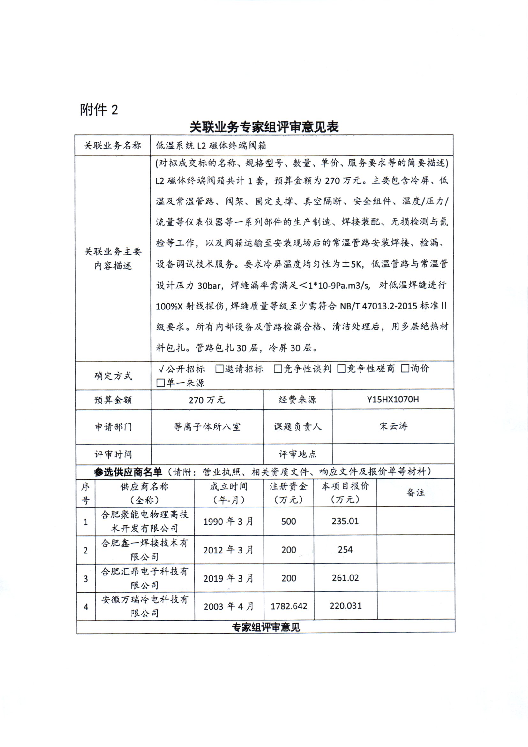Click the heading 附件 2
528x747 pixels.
99,110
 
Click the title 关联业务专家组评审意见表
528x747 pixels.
264,126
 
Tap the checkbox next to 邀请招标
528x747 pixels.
219,369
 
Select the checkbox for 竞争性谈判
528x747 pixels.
278,369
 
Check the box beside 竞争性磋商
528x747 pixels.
341,369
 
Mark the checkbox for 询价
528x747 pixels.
405,369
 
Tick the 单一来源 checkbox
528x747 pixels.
160,383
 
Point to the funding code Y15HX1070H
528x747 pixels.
393,400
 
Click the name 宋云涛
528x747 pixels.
393,426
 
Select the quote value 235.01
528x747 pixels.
345,521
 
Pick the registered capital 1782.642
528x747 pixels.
289,606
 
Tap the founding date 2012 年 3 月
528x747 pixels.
228,550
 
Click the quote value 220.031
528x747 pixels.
345,606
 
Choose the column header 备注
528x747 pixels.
415,492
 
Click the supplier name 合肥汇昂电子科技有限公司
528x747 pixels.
145,578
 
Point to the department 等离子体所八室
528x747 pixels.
207,426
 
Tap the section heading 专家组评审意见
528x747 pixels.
266,627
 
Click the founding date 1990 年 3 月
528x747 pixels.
228,522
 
